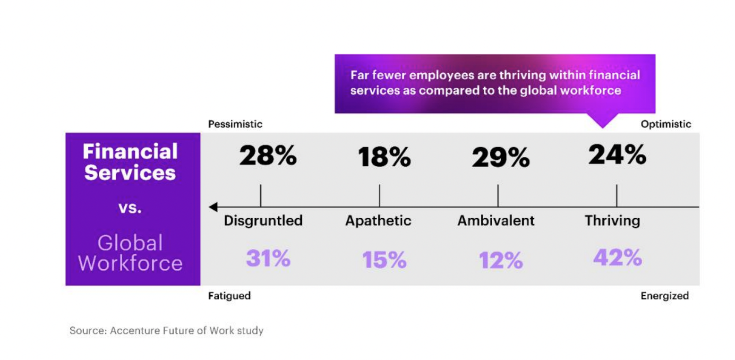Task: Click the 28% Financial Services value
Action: pos(268,156)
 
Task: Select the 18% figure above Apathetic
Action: pos(384,158)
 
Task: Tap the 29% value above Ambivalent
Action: pos(501,158)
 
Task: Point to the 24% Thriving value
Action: pos(617,154)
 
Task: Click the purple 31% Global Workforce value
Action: pos(268,259)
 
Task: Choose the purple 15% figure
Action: pos(384,260)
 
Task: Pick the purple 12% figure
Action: pos(501,260)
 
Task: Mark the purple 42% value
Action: pos(617,257)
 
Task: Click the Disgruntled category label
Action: pos(263,221)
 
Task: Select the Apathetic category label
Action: pos(378,221)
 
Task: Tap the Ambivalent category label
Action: pos(496,221)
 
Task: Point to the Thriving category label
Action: pos(612,221)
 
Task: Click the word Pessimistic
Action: pos(235,124)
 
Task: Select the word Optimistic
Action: pos(666,124)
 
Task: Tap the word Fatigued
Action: pos(229,296)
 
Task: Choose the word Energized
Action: pos(665,296)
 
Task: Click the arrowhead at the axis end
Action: pos(214,207)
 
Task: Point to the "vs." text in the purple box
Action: pos(130,208)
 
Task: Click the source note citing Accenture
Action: pos(166,331)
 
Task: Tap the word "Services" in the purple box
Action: pos(130,173)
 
